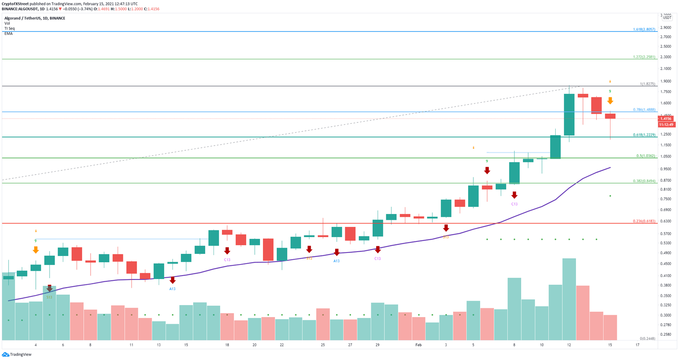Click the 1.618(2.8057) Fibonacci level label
pos(644,29)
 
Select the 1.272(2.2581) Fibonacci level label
pos(644,57)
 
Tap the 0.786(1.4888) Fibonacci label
pos(644,110)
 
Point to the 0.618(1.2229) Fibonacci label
pos(644,135)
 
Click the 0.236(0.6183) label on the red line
pos(644,221)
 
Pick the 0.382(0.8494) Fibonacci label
pos(644,181)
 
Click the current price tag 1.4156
pos(666,119)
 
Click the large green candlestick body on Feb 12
pos(569,115)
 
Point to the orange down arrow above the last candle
pos(610,100)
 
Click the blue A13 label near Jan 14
pos(172,289)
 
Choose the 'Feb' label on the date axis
pos(418,345)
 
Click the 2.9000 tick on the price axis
pos(665,27)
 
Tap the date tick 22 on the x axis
pos(282,345)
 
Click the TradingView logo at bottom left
pos(13,354)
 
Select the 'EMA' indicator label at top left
pos(8,34)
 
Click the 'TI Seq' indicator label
pos(9,28)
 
